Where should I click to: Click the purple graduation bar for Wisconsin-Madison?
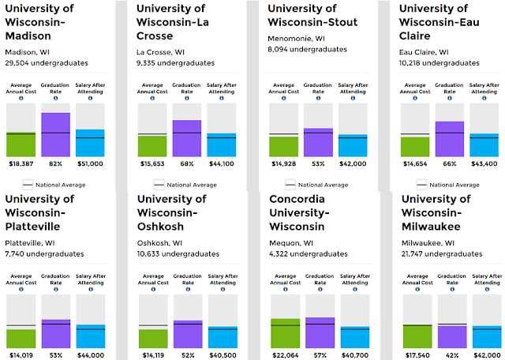point(56,135)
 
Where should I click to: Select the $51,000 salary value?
point(90,163)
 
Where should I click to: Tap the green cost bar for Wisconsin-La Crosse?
point(152,146)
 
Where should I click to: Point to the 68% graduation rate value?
point(187,163)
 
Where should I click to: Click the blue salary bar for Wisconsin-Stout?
point(353,146)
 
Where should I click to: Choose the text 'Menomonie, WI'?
point(297,39)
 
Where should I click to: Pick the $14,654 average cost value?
point(415,163)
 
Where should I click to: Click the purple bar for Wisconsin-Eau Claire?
point(450,139)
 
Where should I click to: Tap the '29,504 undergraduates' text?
point(47,63)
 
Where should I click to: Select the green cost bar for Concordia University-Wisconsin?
point(286,333)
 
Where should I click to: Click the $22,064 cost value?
point(286,355)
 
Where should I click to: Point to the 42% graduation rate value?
point(452,355)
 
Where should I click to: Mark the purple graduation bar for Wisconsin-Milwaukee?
point(452,337)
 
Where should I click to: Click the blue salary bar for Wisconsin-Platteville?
point(91,336)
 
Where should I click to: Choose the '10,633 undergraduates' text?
point(178,254)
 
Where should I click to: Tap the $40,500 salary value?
point(223,355)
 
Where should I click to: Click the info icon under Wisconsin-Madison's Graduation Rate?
point(56,99)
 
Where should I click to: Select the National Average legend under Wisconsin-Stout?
point(317,185)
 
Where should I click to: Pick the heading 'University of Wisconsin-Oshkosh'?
point(172,212)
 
